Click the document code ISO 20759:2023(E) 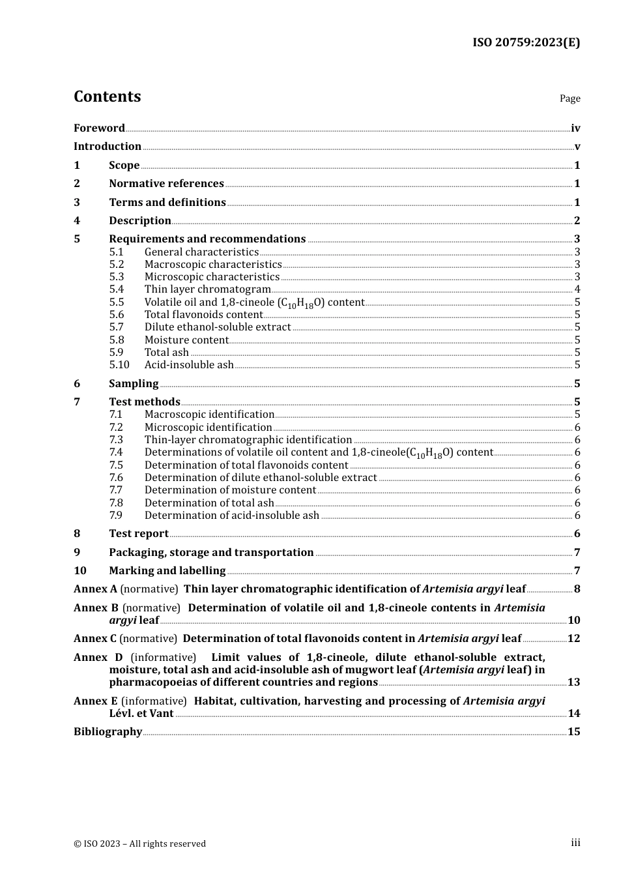tap(526, 42)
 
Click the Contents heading tap(107, 96)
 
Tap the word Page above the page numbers tap(569, 98)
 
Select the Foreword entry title tap(99, 128)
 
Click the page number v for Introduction tap(577, 147)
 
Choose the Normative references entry tap(166, 184)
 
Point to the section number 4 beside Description tap(77, 221)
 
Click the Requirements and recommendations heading tap(207, 239)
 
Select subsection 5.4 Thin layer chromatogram tap(207, 289)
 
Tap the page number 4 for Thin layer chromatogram tap(577, 289)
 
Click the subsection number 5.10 tap(119, 365)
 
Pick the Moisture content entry tap(186, 340)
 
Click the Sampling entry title tap(134, 384)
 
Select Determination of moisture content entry tap(230, 490)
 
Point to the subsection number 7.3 tap(116, 440)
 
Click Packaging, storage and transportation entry tap(211, 553)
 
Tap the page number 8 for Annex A tap(577, 589)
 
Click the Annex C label tap(95, 639)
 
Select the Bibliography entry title tap(108, 732)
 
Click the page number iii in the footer tap(575, 843)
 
